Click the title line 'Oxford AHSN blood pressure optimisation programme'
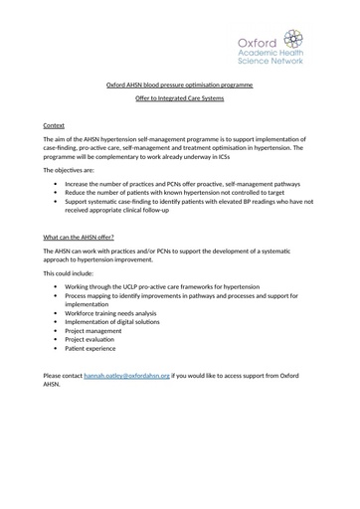pyautogui.click(x=180, y=85)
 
